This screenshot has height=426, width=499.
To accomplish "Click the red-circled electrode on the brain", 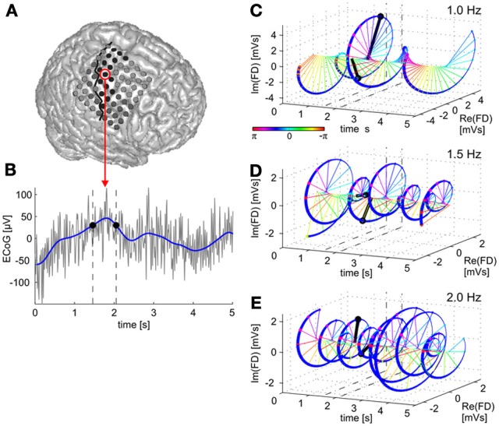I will pos(105,75).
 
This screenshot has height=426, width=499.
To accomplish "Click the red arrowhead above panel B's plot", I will pos(105,183).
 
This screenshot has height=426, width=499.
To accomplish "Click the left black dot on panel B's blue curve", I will pos(92,225).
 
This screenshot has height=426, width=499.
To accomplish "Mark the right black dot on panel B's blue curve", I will pos(116,226).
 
